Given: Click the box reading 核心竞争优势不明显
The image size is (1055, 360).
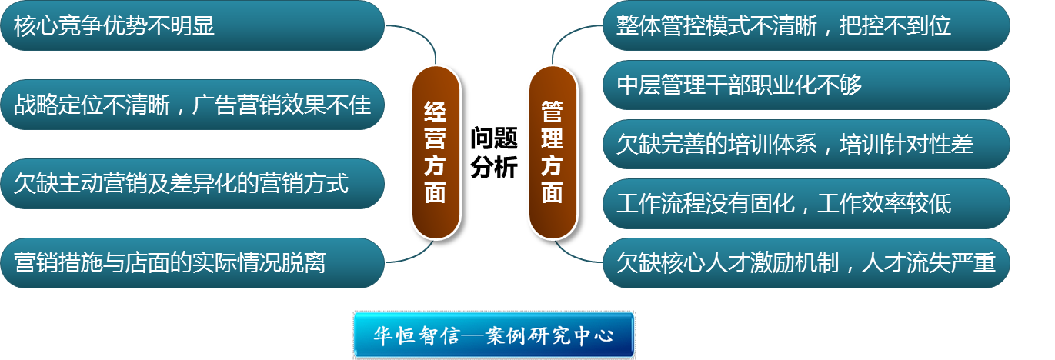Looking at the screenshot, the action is (192, 25).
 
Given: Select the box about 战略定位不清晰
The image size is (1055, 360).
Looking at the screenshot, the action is (192, 105).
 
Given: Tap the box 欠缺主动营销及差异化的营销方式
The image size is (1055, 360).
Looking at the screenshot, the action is (192, 184).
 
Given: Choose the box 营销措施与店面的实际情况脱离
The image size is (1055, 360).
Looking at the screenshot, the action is (192, 262).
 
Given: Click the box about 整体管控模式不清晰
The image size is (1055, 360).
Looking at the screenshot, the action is (806, 25).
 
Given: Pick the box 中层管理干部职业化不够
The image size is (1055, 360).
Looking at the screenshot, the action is (806, 85).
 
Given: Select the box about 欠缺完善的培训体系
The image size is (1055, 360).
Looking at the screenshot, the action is (806, 144).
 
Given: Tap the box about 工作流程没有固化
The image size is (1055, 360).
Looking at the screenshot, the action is (806, 203).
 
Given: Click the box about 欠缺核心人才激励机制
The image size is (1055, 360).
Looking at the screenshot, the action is (806, 263).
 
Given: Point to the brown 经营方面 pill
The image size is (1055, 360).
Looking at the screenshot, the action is (436, 152).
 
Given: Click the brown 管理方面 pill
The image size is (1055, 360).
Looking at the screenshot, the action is (553, 152).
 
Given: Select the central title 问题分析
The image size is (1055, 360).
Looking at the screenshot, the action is (494, 152).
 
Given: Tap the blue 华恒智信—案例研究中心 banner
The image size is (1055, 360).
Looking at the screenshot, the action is (493, 335).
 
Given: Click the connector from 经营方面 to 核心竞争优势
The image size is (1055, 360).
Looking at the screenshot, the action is (424, 35).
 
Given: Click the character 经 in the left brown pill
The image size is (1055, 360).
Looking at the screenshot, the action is (436, 112).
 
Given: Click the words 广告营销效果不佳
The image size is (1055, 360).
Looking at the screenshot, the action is (282, 105).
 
